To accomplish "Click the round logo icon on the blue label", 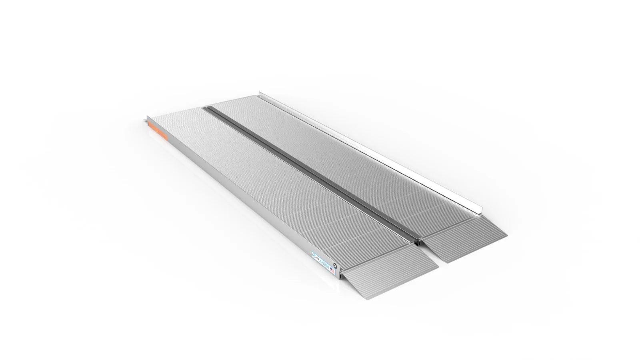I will point(314,253).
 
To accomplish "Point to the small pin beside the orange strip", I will point(144,119).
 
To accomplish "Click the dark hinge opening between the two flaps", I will point(418,242).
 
